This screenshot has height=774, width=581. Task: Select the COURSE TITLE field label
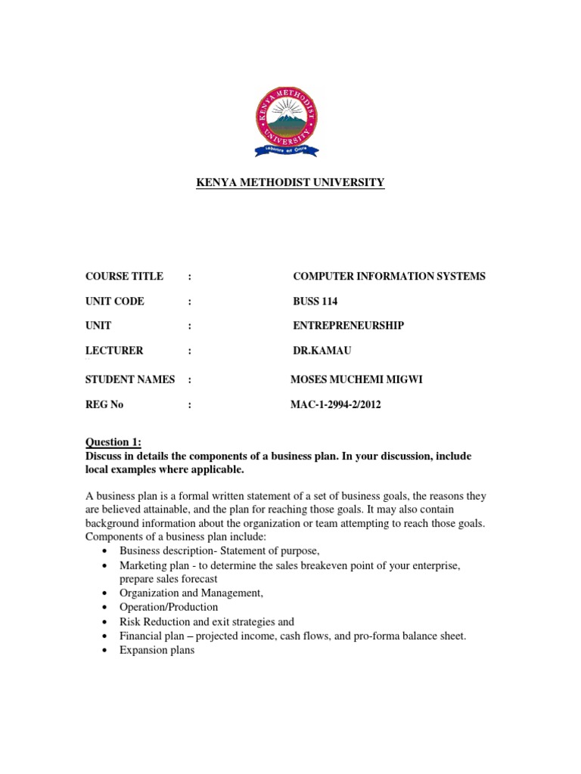124,277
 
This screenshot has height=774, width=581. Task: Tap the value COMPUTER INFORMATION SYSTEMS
389,277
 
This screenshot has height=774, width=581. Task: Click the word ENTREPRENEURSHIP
348,325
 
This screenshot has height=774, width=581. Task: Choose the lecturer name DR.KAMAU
322,350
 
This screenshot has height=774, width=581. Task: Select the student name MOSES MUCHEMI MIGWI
356,379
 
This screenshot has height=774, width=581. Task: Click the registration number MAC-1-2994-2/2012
336,404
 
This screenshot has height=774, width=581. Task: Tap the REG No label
104,404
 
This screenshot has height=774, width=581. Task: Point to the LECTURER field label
114,350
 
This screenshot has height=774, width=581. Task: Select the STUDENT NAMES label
130,379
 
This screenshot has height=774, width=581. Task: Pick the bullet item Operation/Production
169,607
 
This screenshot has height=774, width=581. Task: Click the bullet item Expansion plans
157,650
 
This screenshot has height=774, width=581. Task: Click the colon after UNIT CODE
190,301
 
